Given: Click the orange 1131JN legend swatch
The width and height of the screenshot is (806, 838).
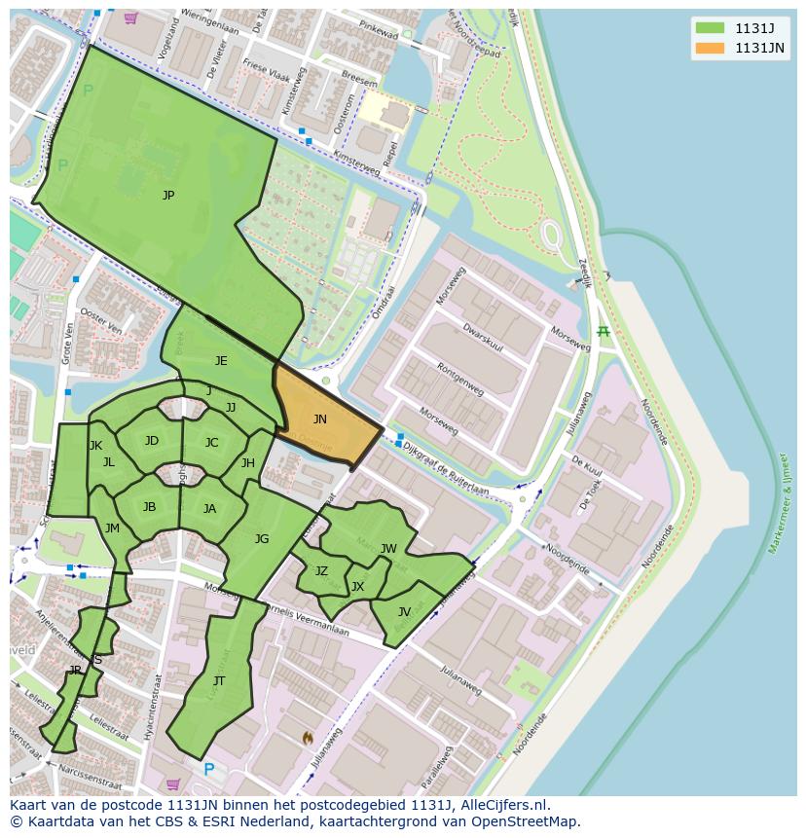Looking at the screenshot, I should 710,48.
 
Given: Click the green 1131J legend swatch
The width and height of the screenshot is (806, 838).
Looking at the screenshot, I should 710,27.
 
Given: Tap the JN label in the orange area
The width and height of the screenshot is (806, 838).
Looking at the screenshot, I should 319,419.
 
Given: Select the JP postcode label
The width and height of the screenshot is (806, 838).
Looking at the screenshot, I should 168,196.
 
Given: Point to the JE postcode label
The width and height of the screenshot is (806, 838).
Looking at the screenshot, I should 221,361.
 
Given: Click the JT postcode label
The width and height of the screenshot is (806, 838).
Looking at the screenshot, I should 219,681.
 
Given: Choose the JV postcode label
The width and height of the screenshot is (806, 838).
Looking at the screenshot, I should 404,612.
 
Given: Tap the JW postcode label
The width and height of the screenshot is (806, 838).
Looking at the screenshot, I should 388,549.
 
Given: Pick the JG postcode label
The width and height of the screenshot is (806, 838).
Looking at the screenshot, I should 262,539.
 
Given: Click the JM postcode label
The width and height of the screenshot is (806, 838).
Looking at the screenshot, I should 112,528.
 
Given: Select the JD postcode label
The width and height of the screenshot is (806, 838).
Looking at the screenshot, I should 152,441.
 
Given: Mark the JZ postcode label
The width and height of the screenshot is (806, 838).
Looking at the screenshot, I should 321,571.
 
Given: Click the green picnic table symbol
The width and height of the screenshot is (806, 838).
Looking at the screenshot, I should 604,332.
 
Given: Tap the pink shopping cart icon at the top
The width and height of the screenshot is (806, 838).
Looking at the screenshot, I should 130,18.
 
